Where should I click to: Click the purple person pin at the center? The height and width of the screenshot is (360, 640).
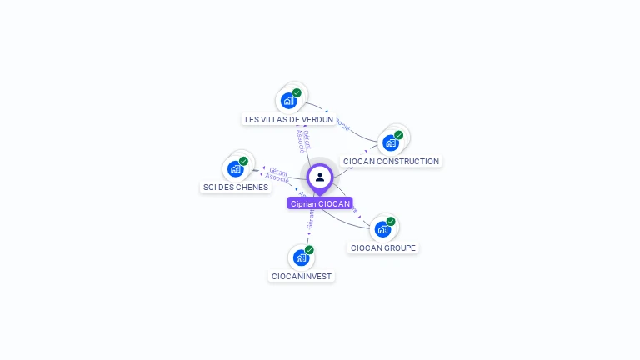click(320, 177)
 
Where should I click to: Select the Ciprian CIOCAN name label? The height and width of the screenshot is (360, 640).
click(320, 203)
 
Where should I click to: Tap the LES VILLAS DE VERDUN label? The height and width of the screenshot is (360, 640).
click(289, 119)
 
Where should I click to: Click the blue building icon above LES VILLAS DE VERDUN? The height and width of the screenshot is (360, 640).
click(289, 101)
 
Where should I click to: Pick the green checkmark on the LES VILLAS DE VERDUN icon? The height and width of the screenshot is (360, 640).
click(297, 93)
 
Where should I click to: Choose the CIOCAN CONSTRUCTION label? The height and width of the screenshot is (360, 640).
click(391, 161)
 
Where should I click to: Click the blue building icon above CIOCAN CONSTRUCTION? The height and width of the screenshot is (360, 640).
click(391, 142)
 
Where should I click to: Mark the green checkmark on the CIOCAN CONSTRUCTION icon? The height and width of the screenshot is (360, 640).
click(398, 135)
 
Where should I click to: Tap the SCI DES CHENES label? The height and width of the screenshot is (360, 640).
click(236, 187)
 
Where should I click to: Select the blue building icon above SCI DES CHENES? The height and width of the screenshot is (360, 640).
click(236, 168)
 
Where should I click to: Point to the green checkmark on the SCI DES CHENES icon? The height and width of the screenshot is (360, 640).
click(243, 161)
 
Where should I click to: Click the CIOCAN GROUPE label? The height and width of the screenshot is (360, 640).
click(382, 247)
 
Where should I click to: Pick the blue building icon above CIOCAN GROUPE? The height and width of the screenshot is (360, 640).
click(382, 229)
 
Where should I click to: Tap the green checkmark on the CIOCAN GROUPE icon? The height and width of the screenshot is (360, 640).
click(391, 222)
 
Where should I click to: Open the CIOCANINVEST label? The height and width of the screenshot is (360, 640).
click(302, 276)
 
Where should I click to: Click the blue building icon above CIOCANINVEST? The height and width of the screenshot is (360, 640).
click(302, 257)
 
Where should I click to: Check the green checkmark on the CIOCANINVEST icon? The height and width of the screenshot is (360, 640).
click(309, 250)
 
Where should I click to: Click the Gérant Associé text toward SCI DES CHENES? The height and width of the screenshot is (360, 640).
click(277, 175)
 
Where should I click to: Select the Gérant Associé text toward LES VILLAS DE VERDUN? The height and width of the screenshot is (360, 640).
click(303, 140)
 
